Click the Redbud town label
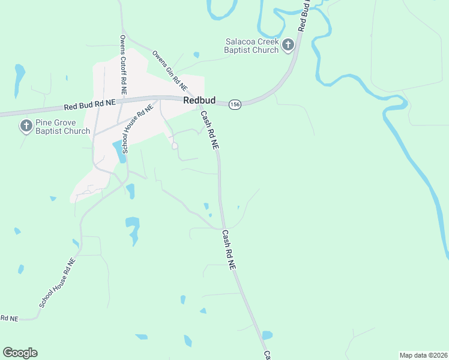(x=199, y=101)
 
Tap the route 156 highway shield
(x=235, y=104)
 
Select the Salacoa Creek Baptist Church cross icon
(x=288, y=44)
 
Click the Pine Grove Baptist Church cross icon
(x=26, y=126)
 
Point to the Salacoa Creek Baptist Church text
(x=252, y=46)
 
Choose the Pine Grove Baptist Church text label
(x=62, y=127)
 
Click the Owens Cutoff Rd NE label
(x=122, y=58)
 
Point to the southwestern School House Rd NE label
(x=58, y=283)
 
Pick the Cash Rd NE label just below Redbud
(x=209, y=130)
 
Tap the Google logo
(x=20, y=353)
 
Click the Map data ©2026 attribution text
(x=423, y=355)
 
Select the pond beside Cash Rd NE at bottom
(x=267, y=335)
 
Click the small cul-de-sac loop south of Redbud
(x=175, y=146)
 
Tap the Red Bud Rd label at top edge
(x=303, y=15)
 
